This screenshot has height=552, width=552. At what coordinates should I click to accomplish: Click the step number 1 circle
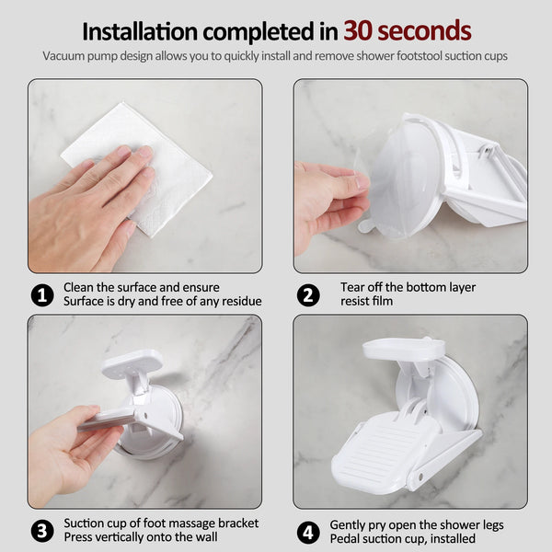coord(42,295)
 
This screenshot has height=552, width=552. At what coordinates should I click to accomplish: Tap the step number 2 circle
coord(308,295)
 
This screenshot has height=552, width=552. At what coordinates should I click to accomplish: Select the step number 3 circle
coord(42,531)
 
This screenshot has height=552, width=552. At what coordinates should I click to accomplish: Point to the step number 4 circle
coord(308,532)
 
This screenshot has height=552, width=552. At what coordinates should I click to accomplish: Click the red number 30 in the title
coord(359,31)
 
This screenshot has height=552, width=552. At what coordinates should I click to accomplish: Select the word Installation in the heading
coord(140,31)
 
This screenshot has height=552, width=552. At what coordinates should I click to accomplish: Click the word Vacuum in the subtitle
coord(63,56)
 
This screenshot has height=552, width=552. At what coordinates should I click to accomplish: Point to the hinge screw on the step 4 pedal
coord(420,477)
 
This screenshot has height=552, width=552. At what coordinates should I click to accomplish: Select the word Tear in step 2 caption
coord(352,287)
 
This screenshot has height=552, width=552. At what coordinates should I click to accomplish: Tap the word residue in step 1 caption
coord(242,302)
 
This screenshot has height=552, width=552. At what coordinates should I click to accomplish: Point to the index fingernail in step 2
coord(362,181)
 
